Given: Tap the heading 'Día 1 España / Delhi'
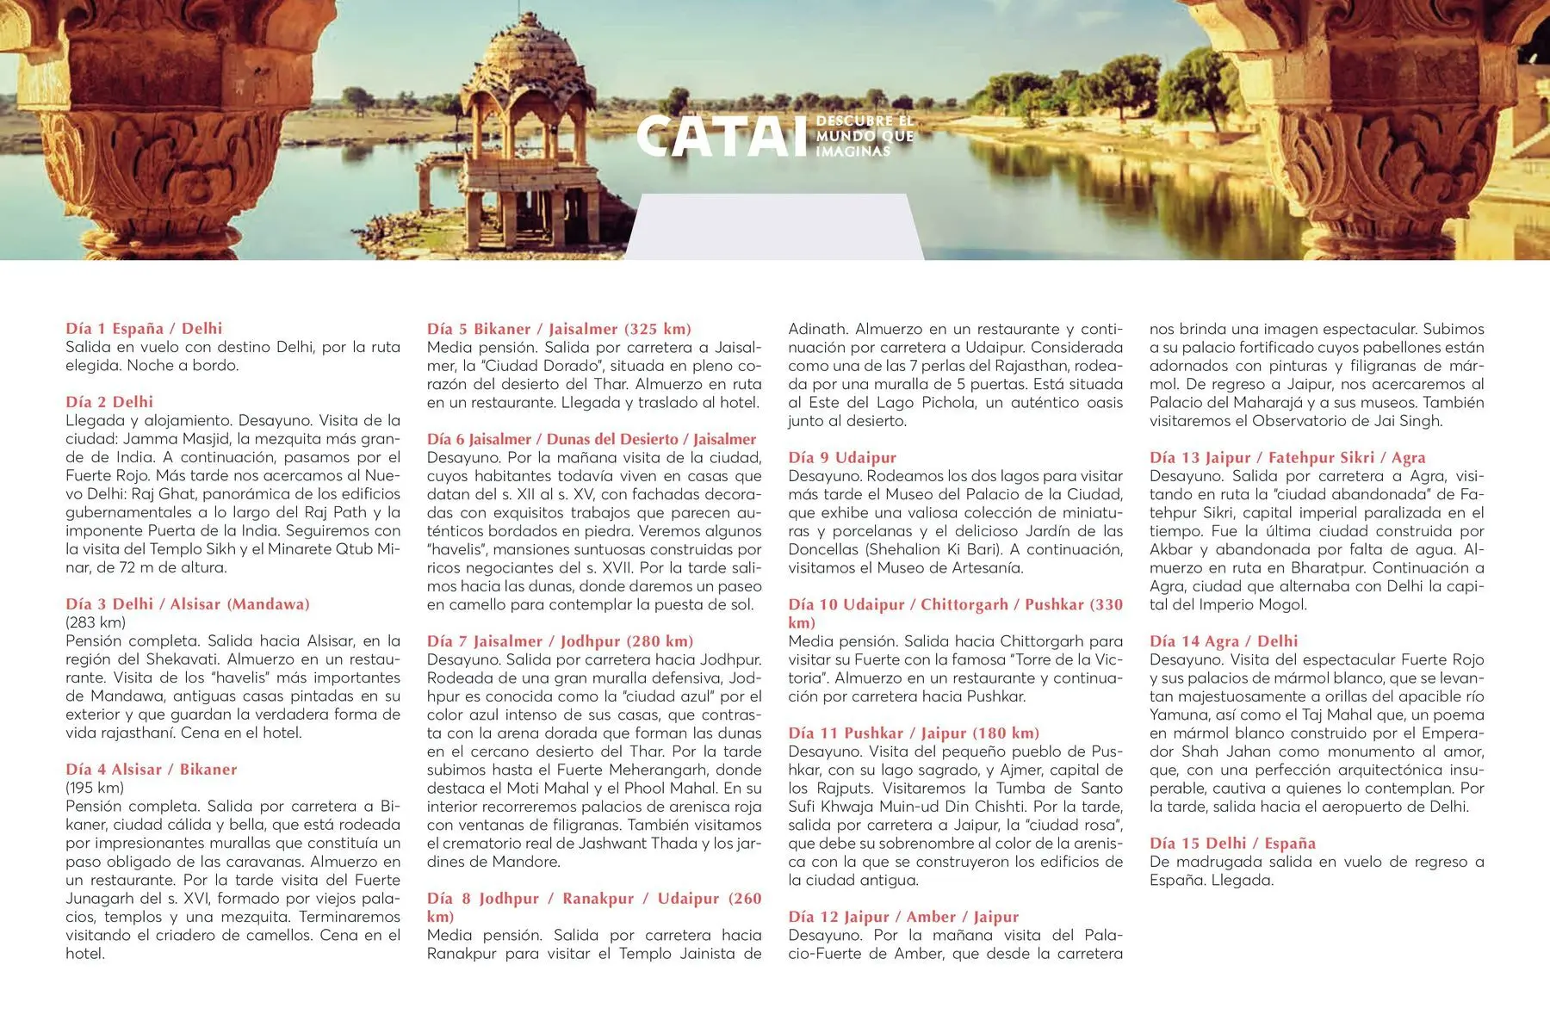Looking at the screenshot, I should point(144,328).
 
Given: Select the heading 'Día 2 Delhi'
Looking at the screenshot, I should point(109,401).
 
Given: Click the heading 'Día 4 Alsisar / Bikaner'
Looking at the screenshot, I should point(152,769).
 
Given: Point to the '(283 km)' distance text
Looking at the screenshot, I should point(96,622).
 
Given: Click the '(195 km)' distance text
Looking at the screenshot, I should point(95,788).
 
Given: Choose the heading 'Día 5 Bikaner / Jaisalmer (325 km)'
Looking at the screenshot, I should point(559,329).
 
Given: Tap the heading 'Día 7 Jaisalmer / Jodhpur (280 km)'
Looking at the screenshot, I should point(560,640).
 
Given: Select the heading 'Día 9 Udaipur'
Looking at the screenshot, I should point(842,457).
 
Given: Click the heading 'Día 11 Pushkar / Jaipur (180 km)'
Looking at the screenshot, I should point(914,733).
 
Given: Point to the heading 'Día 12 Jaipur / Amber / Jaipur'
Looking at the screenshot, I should point(903,917).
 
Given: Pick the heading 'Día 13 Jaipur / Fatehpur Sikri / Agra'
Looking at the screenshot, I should point(1287,457).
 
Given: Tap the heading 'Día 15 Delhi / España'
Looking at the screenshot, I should point(1232,843).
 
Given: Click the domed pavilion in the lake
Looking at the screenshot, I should point(517,138).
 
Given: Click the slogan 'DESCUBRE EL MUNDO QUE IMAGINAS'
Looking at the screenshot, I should point(864,136).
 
